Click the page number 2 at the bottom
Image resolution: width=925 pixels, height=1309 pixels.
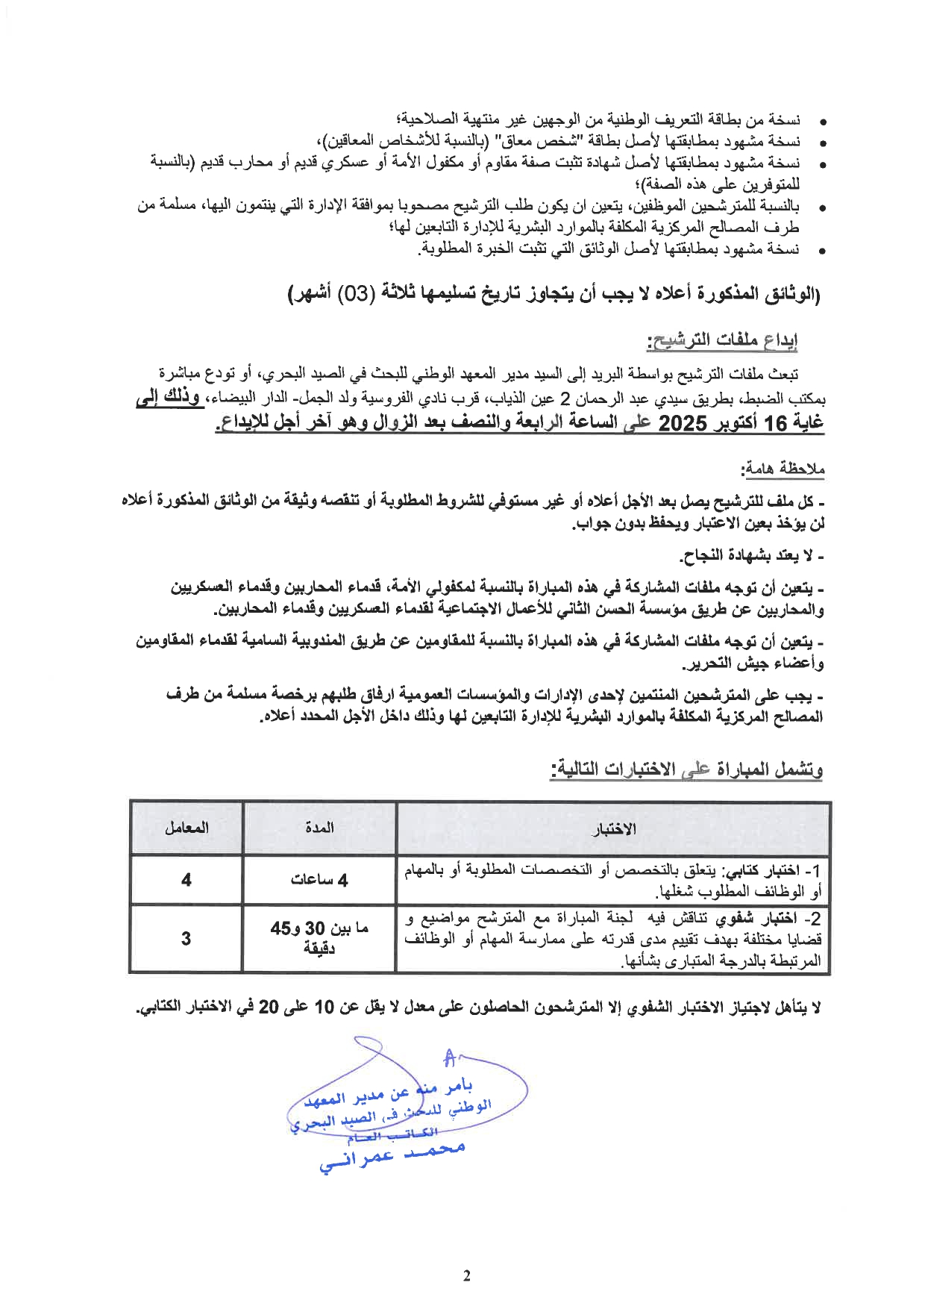point(467,1275)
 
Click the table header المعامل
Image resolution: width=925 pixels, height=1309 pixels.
point(186,827)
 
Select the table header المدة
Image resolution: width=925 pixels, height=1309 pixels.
point(319,827)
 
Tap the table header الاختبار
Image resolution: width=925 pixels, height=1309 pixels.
point(613,828)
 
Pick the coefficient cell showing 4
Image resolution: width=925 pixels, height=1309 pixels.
point(186,880)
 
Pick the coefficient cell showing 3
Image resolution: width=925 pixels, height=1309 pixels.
point(186,938)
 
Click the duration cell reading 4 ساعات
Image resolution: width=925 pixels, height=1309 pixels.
point(319,880)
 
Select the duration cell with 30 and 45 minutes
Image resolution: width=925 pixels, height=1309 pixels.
point(319,938)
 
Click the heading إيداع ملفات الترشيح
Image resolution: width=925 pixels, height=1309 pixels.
point(722,341)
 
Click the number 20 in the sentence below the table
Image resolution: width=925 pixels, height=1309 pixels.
point(269,1007)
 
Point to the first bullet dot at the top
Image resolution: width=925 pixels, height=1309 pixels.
point(822,120)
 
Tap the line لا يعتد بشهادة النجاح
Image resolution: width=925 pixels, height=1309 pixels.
point(752,557)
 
